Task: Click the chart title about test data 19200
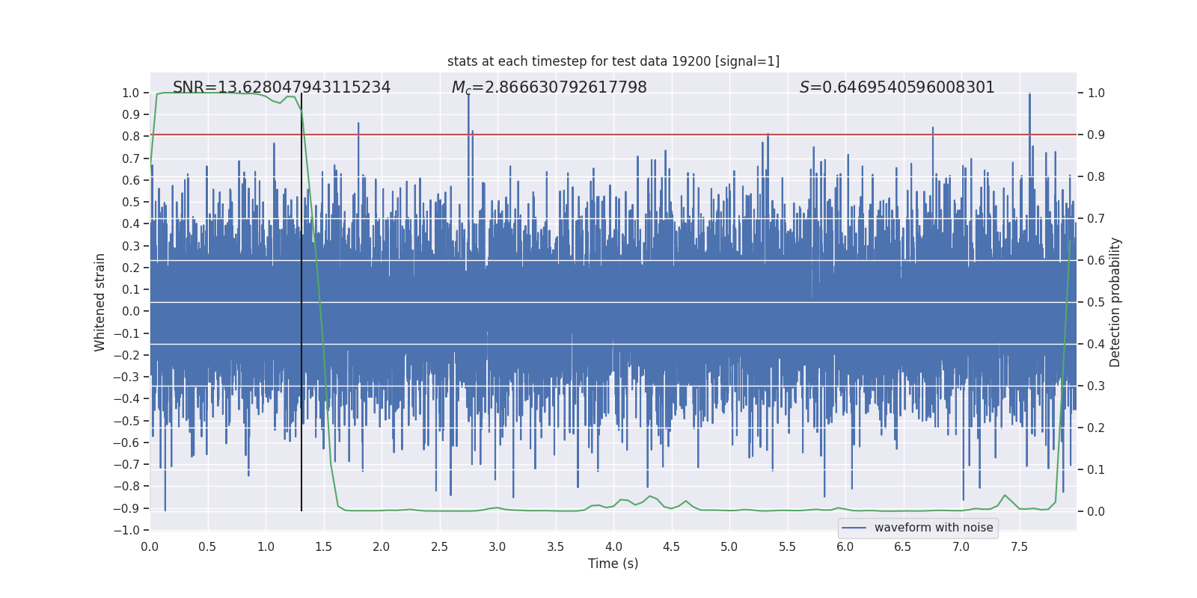point(613,61)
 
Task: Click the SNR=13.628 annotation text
point(281,87)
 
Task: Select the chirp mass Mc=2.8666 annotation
point(549,87)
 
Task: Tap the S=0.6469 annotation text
point(897,87)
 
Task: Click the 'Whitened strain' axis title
point(100,302)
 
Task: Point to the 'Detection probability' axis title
point(1115,302)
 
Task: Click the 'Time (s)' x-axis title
point(613,564)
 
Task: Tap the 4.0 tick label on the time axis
point(613,547)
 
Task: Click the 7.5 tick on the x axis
point(1019,547)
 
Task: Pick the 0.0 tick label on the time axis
point(150,547)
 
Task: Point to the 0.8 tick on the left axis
point(132,136)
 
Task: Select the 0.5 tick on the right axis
point(1096,303)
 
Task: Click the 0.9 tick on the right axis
point(1096,135)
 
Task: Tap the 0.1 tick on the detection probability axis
point(1096,470)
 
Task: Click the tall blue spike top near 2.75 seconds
point(468,96)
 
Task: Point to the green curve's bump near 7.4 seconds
point(1005,496)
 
